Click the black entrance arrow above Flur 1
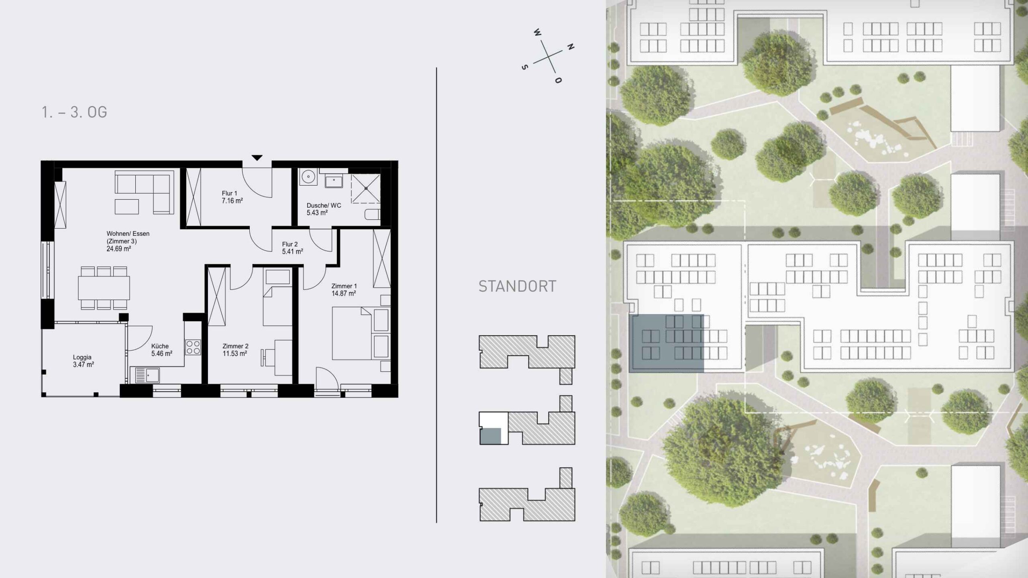coord(257,158)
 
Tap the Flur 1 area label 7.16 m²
coord(232,201)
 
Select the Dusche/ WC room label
coord(324,205)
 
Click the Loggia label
coord(82,357)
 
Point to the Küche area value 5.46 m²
coord(162,354)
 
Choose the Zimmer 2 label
coord(235,346)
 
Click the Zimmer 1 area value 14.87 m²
coord(344,294)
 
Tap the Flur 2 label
coord(290,244)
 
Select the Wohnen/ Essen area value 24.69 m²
coord(119,249)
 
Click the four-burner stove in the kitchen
coord(193,347)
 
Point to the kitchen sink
coord(147,376)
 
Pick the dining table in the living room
coord(104,288)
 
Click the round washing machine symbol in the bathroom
coord(308,177)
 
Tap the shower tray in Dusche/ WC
coord(365,188)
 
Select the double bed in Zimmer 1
coord(352,333)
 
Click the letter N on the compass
coord(571,47)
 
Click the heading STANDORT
coord(517,286)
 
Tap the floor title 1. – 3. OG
coord(74,112)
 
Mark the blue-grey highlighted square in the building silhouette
coord(491,436)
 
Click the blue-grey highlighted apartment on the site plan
coord(666,343)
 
